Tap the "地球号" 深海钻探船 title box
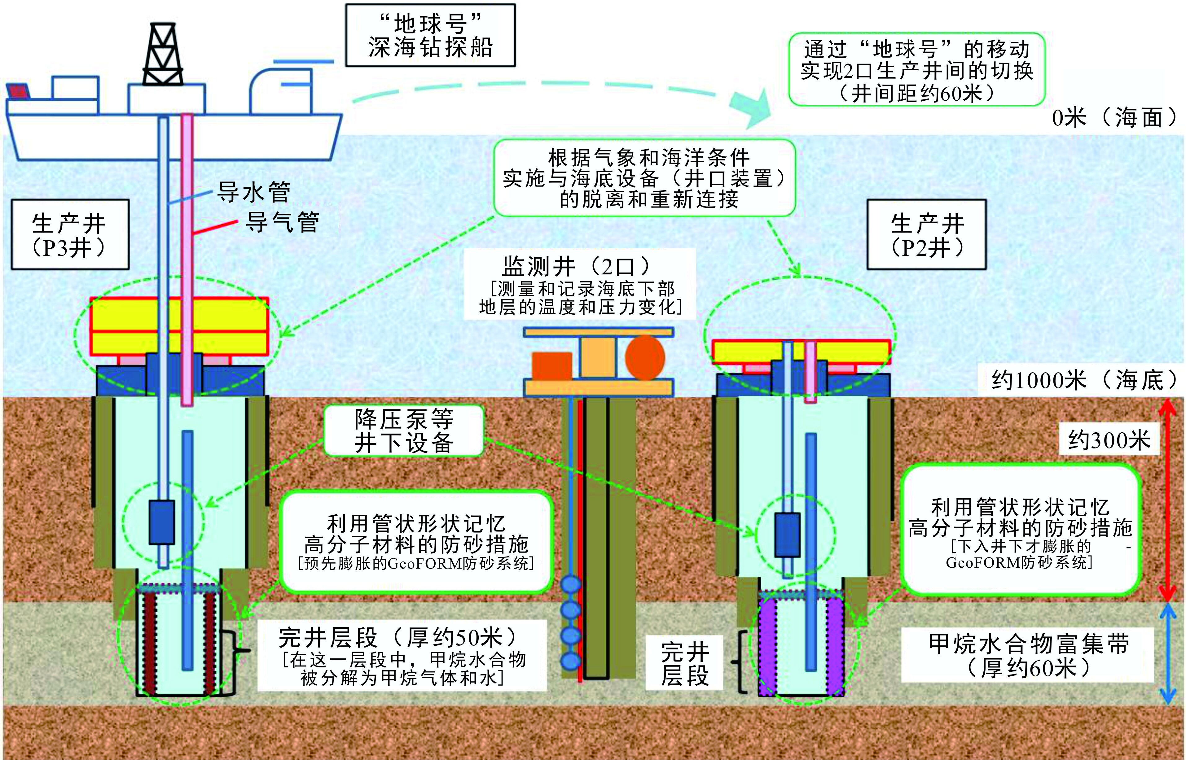pyautogui.click(x=430, y=35)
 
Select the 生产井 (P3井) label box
pyautogui.click(x=70, y=234)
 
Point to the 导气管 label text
pyautogui.click(x=282, y=222)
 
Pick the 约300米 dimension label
pyautogui.click(x=1109, y=440)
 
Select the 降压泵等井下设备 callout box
pyautogui.click(x=403, y=430)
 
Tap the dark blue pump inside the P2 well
pyautogui.click(x=787, y=535)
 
